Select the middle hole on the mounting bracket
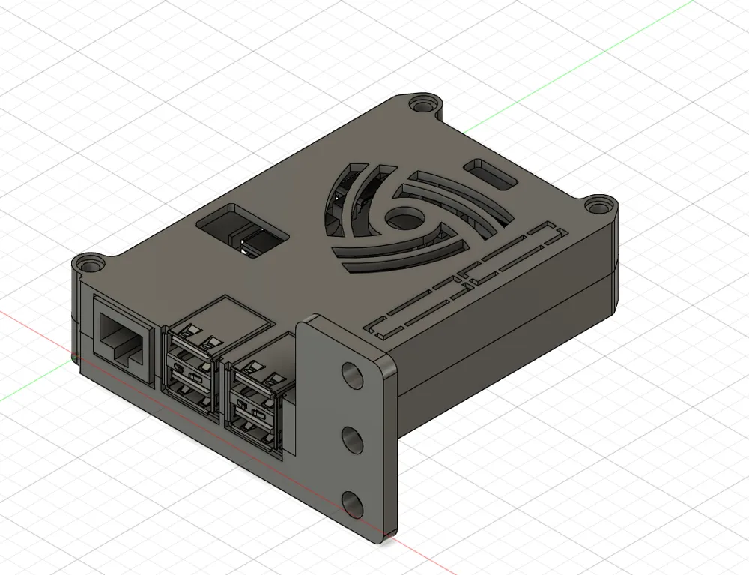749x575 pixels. tap(352, 439)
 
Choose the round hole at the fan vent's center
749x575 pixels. tap(405, 220)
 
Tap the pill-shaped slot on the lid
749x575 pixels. tap(490, 173)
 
